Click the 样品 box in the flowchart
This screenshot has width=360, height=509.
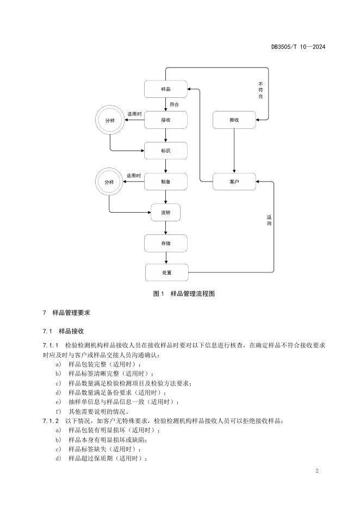point(166,89)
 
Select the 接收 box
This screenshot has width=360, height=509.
point(166,120)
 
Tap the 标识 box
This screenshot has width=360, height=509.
point(166,151)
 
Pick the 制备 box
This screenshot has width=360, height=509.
point(166,182)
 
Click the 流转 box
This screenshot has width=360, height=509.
point(166,212)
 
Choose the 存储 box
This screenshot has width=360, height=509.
point(166,243)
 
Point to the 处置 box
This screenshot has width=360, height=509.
point(166,272)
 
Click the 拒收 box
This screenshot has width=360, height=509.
point(234,120)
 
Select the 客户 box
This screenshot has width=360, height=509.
point(234,182)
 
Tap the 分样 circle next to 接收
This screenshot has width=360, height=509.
point(110,120)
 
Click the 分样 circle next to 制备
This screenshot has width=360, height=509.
point(109,182)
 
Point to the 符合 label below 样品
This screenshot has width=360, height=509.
point(173,104)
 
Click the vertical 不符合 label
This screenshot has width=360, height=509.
point(261,90)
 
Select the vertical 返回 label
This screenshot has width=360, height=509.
point(269,220)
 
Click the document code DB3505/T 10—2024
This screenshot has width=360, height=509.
point(298,47)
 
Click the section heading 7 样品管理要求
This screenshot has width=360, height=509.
point(66,313)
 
